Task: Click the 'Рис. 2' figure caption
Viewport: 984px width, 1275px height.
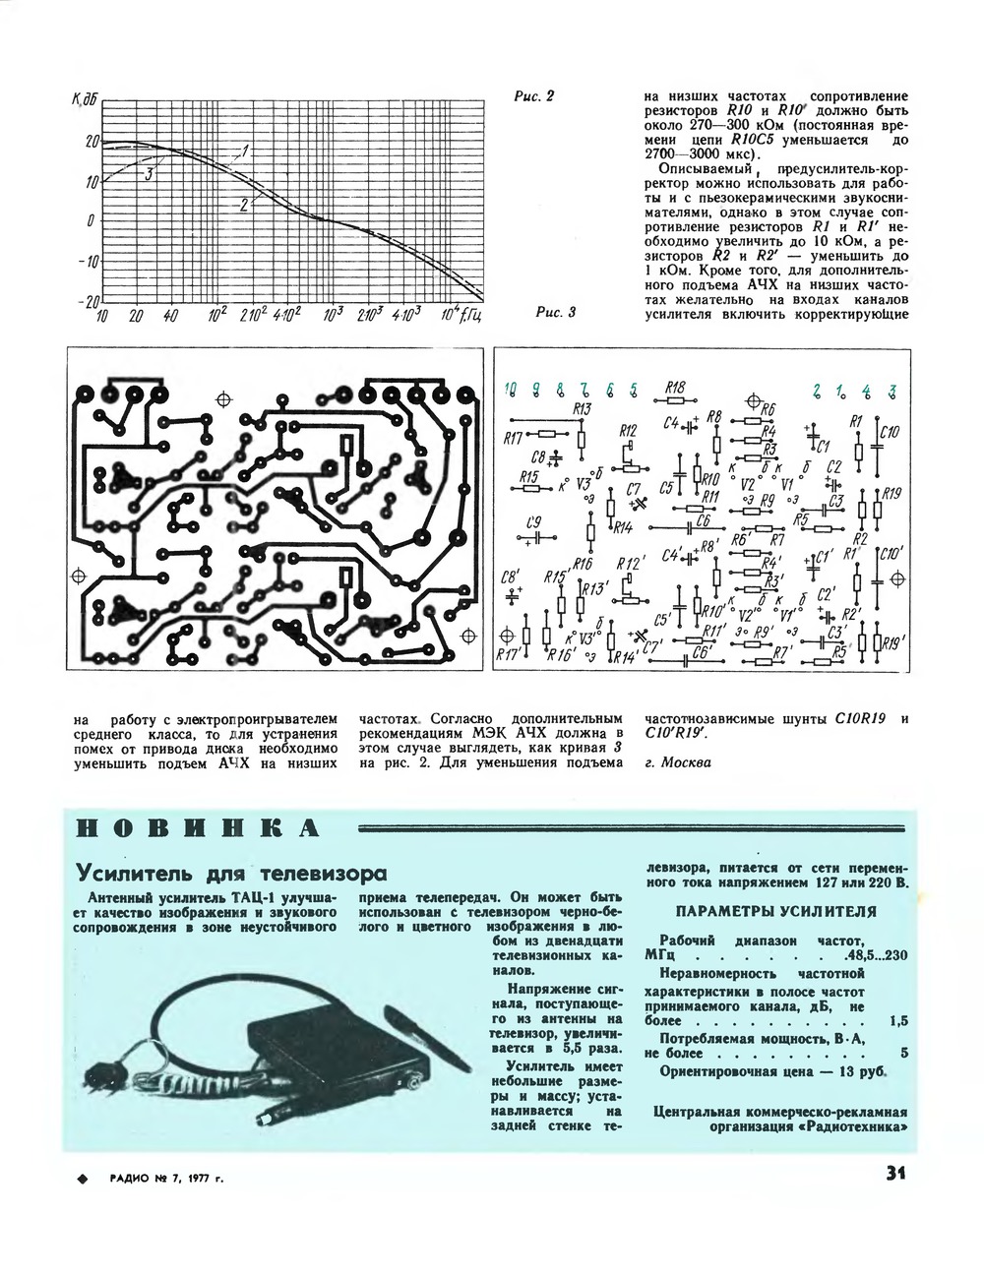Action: [534, 96]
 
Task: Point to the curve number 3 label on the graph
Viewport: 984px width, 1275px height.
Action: [147, 174]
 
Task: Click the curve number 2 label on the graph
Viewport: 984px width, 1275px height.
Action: [242, 204]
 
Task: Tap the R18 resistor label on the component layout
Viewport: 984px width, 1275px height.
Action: [674, 388]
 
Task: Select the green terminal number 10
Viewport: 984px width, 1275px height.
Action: [510, 390]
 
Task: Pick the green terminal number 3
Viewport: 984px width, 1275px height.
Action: [892, 390]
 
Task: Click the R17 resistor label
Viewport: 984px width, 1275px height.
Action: [512, 439]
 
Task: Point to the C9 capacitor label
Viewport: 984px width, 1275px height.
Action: [533, 521]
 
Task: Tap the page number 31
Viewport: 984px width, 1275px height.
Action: [893, 1173]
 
